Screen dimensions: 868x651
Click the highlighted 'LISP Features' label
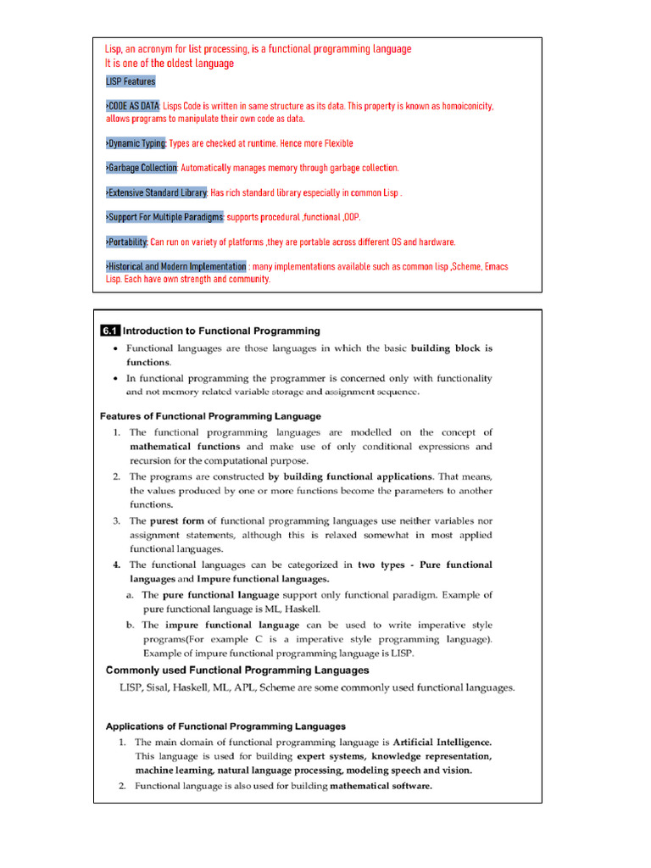tap(131, 82)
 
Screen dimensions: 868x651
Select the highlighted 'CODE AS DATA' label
tap(132, 107)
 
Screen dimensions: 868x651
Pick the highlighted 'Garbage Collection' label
tap(142, 169)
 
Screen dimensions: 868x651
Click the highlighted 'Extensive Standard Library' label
tap(157, 193)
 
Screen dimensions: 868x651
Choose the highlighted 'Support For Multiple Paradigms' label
tap(164, 217)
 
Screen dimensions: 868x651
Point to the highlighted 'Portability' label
tap(126, 242)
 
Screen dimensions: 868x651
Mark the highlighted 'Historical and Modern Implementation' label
tap(175, 266)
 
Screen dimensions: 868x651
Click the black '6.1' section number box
tap(110, 331)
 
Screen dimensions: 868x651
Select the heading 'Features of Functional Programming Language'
tap(210, 416)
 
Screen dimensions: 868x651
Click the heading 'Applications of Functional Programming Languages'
tap(225, 726)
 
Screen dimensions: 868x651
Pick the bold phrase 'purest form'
tap(177, 521)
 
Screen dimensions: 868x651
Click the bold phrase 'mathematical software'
tap(381, 786)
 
